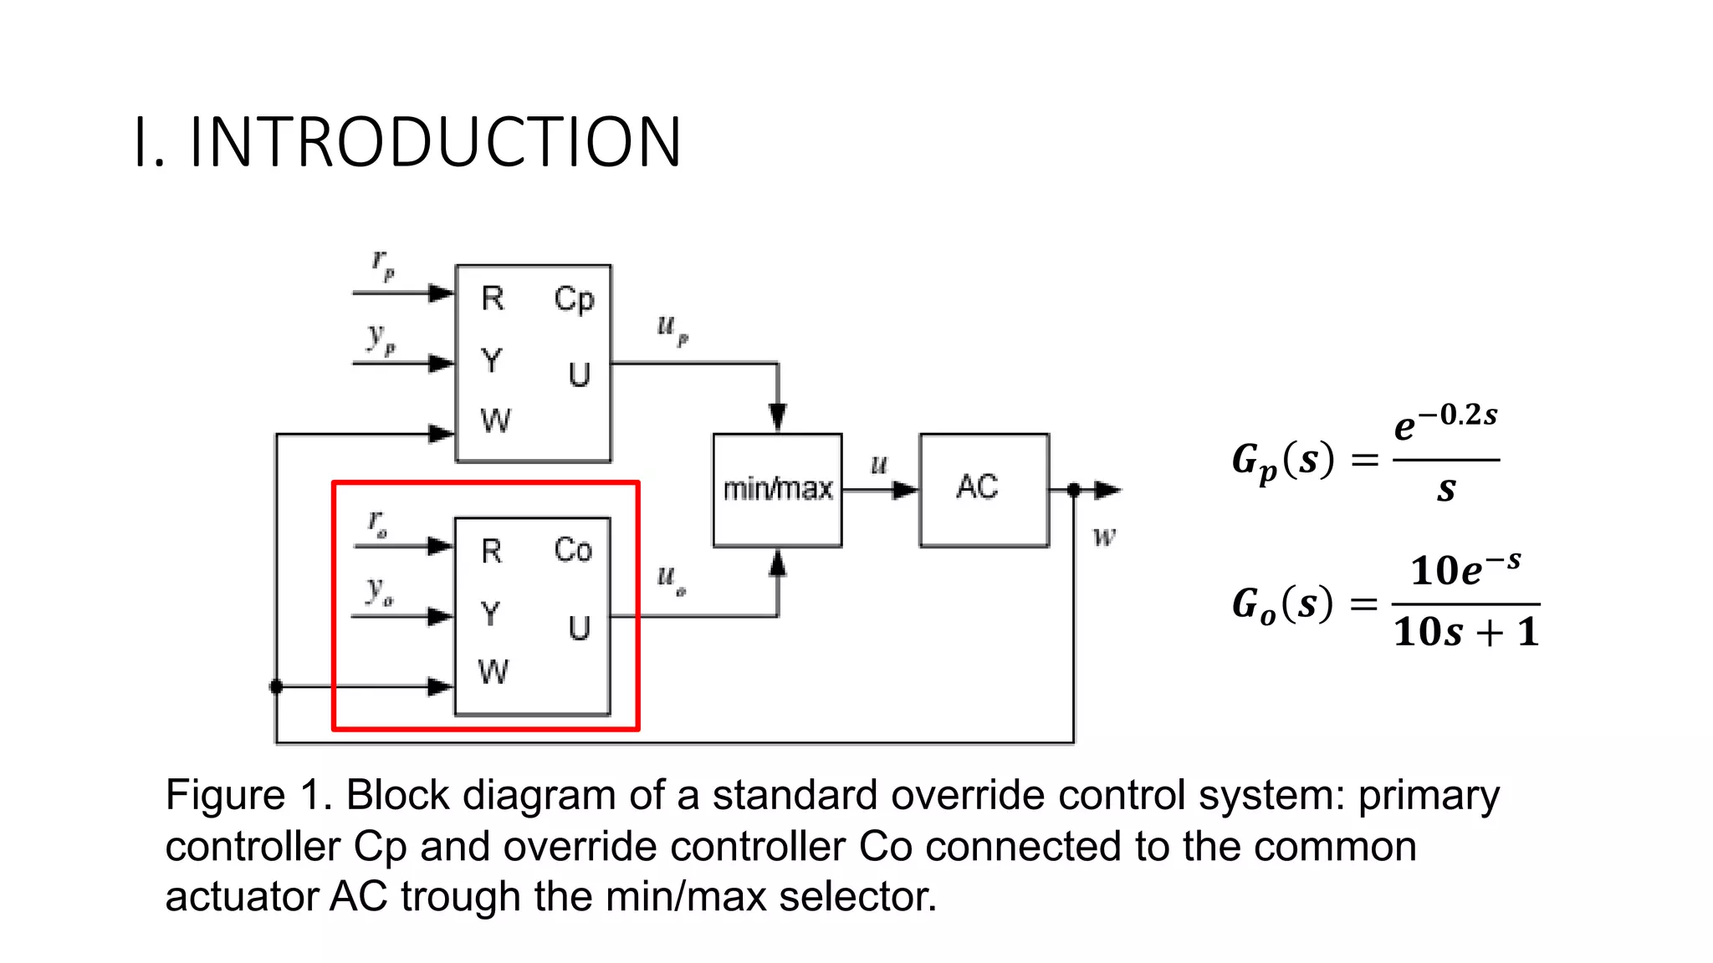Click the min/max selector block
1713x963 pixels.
777,490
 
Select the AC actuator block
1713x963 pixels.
984,490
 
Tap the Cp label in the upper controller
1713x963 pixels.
574,299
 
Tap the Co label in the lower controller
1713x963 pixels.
573,550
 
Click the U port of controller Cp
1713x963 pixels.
579,375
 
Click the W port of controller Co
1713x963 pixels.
493,672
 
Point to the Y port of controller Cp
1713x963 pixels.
492,361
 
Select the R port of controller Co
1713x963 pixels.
492,552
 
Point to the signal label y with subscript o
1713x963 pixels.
380,591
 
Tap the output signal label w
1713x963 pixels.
1104,537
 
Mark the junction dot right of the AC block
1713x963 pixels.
1074,490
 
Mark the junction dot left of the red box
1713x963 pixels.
277,687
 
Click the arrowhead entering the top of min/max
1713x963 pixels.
778,417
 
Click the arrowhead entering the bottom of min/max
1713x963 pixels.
778,564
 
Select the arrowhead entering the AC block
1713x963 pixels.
905,490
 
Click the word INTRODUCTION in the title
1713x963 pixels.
436,142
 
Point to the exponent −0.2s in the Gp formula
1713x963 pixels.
1457,415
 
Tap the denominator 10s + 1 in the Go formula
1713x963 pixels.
1465,632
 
